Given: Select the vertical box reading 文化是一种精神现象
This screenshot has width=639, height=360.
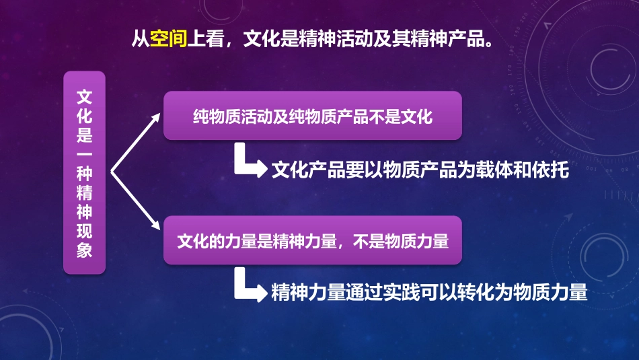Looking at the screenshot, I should click(85, 172).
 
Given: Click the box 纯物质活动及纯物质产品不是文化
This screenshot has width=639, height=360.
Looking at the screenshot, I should click(313, 116).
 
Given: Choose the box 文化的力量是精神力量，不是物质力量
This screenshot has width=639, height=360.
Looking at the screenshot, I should click(313, 240).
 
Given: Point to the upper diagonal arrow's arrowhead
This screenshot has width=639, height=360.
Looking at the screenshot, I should click(157, 116).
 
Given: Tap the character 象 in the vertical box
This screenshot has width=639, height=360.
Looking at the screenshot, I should click(85, 250).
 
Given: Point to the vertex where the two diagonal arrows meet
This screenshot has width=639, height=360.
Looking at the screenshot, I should click(112, 172).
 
